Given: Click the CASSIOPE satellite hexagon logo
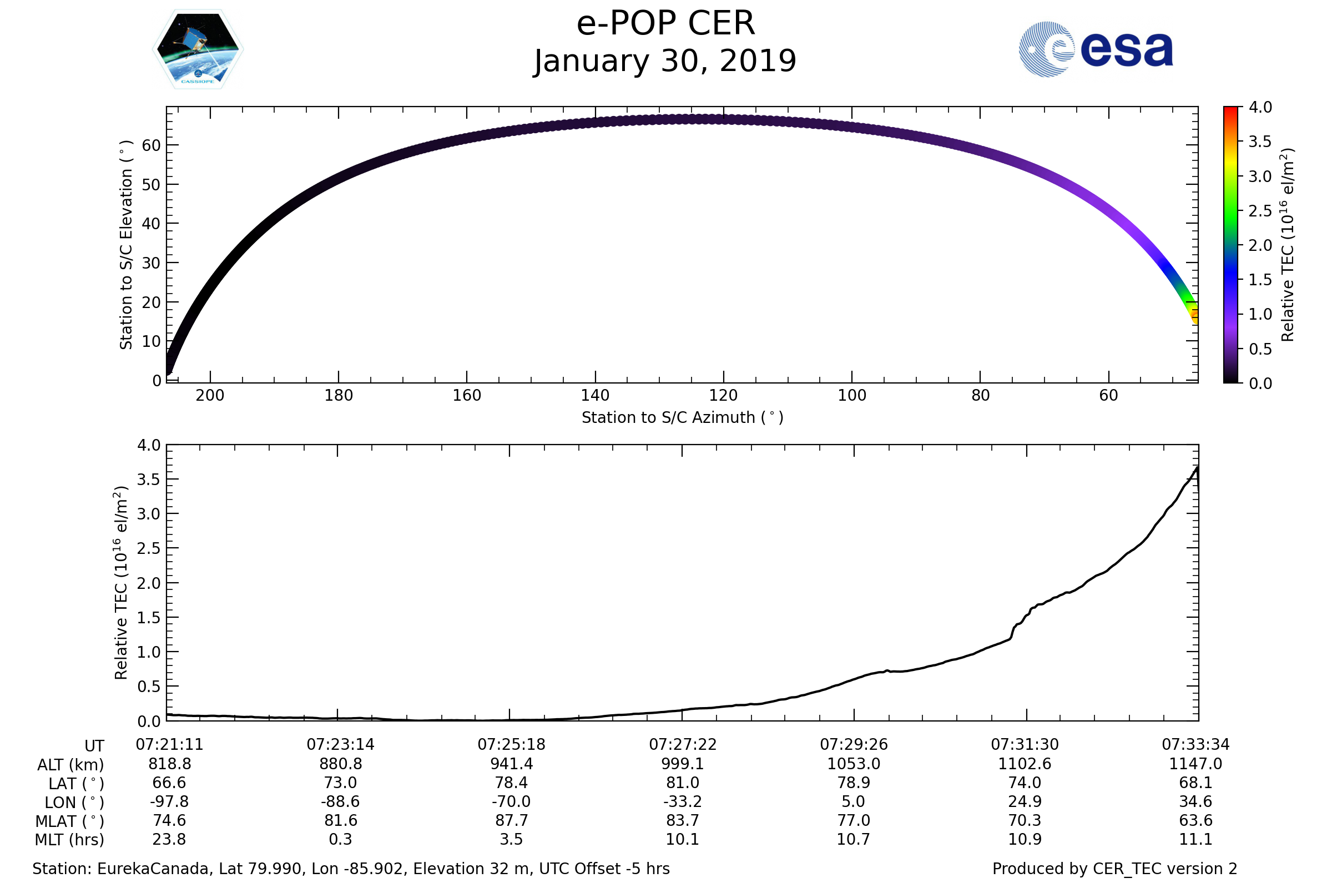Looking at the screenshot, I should click(x=198, y=49).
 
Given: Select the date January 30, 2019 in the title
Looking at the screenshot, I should click(x=665, y=61).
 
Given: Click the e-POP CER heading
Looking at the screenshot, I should click(x=665, y=24).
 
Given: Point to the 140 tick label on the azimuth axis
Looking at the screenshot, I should click(x=595, y=395).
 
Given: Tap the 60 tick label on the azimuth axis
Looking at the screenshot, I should click(x=1108, y=395).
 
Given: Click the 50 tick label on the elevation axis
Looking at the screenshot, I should click(x=151, y=185).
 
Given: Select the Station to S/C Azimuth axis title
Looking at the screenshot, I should click(x=683, y=418).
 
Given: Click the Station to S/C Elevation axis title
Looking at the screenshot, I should click(x=126, y=245).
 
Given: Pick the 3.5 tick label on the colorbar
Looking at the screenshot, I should click(x=1260, y=142).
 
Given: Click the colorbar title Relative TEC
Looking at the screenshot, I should click(x=1286, y=245).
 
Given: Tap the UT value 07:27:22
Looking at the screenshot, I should click(x=683, y=745).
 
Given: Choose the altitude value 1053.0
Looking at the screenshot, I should click(x=854, y=764).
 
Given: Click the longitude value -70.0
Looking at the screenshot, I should click(x=511, y=802).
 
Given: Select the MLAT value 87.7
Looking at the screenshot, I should click(x=511, y=821).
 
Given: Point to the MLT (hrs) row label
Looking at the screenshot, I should click(x=70, y=840).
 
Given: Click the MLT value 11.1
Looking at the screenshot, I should click(x=1195, y=839).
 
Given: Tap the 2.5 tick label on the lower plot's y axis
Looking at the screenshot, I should click(x=149, y=548).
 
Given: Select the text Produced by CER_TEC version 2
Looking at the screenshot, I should click(x=1114, y=869).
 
